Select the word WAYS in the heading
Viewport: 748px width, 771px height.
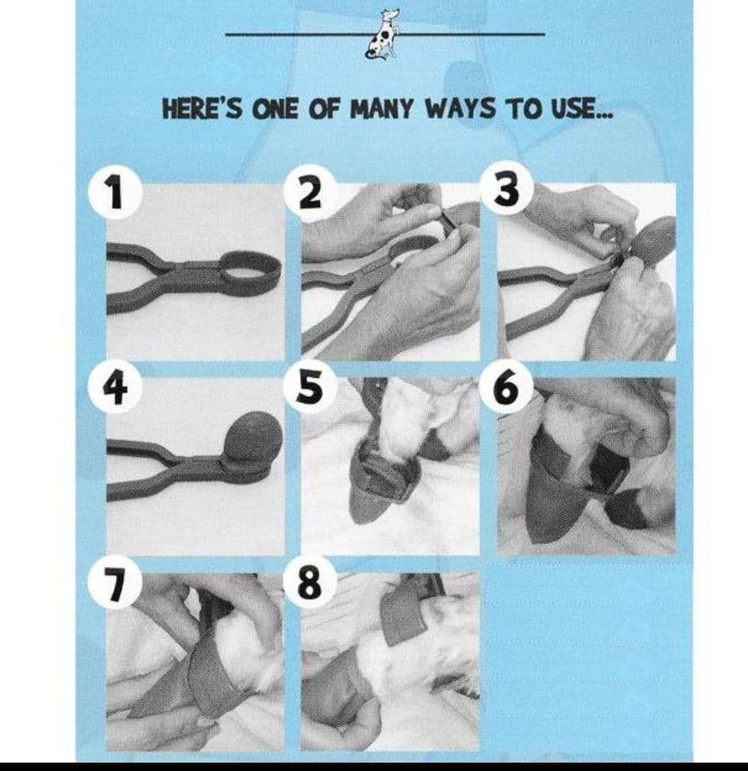460,109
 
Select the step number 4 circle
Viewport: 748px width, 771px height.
115,389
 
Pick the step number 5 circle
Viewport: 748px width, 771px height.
311,386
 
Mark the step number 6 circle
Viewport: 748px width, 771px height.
507,386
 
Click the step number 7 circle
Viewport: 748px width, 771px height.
115,583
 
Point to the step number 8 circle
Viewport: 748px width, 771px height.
311,583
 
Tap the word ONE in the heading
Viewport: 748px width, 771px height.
275,109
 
